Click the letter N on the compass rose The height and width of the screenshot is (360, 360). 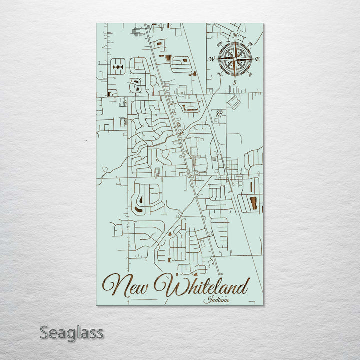[x=234, y=36]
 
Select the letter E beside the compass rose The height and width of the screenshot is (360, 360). [x=257, y=59]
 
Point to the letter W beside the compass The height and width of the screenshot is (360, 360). [x=211, y=59]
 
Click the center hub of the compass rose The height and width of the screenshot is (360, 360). [x=234, y=59]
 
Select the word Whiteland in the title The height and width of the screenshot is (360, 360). [x=201, y=286]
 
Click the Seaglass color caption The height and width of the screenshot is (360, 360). [x=71, y=332]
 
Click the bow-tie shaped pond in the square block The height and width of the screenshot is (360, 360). [x=118, y=66]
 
